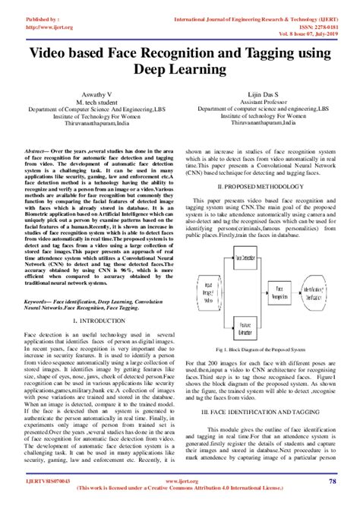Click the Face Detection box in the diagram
tap(244, 258)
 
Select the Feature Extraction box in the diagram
tap(244, 331)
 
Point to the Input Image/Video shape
tap(204, 293)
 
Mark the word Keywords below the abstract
tap(39, 301)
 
